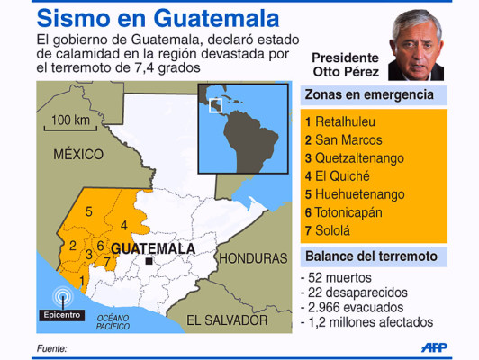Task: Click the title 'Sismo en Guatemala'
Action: coord(144,17)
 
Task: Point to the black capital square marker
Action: coord(149,262)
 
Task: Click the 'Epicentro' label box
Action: coord(61,315)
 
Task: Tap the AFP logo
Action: coord(438,346)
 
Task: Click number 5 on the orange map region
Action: coord(88,211)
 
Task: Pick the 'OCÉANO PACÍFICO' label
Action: coord(113,321)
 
